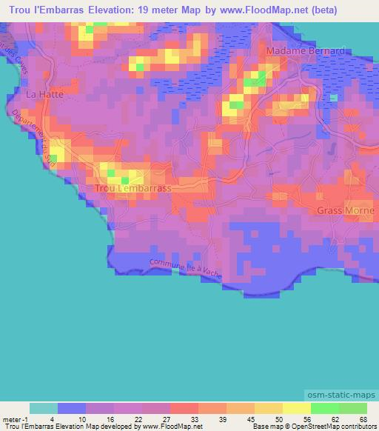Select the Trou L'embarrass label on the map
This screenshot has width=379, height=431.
133,189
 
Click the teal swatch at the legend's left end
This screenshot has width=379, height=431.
44,408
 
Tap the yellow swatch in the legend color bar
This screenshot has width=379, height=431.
296,408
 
